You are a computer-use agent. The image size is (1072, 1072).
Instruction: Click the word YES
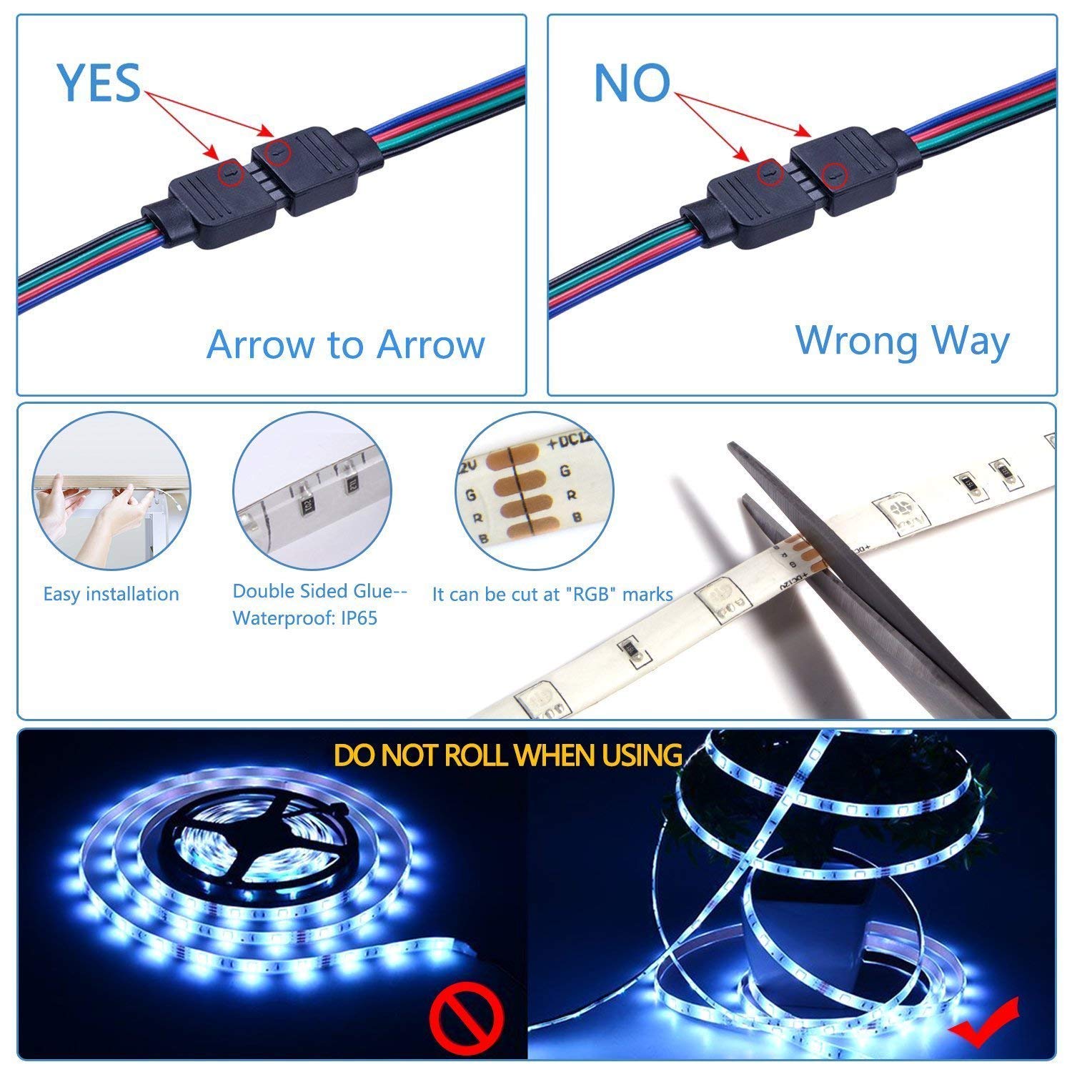(x=99, y=82)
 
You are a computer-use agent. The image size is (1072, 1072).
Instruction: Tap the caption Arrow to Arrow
(x=345, y=344)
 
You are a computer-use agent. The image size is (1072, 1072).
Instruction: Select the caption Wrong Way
(x=902, y=340)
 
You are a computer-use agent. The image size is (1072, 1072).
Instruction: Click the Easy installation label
(x=111, y=594)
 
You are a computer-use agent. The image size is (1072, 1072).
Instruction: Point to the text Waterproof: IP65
(x=304, y=617)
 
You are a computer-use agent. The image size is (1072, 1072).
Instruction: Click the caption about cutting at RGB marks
(x=552, y=594)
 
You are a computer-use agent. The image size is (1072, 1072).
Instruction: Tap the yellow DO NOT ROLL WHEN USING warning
(x=507, y=755)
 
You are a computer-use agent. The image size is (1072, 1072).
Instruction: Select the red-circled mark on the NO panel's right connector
(x=832, y=173)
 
